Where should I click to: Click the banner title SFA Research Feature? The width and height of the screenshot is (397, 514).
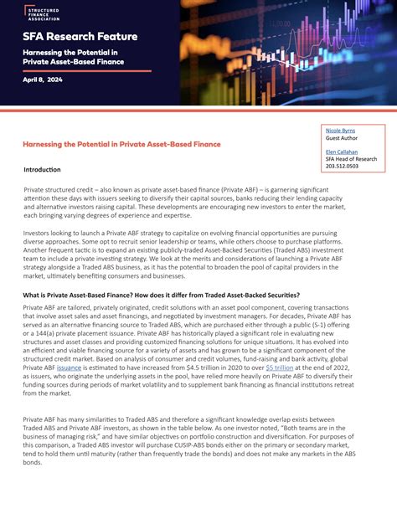[80, 37]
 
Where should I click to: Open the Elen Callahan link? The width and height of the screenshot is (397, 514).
[342, 152]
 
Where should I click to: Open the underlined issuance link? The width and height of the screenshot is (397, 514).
[70, 366]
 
